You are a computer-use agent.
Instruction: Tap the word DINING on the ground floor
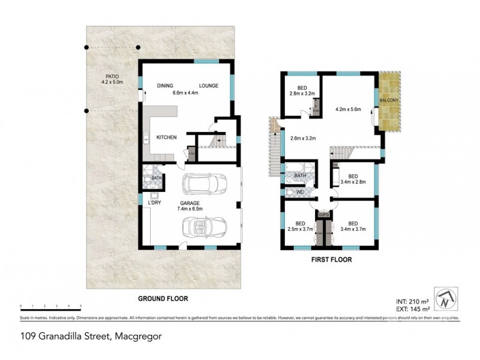pos(166,86)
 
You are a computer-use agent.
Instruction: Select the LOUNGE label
pos(209,86)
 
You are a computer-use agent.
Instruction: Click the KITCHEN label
pos(166,138)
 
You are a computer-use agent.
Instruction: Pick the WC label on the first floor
pos(301,192)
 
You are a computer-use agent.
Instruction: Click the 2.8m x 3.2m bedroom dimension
pos(302,94)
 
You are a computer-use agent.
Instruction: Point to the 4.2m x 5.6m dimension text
pos(349,110)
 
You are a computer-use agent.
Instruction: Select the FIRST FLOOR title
pos(331,260)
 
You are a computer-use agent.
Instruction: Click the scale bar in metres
pos(50,307)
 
